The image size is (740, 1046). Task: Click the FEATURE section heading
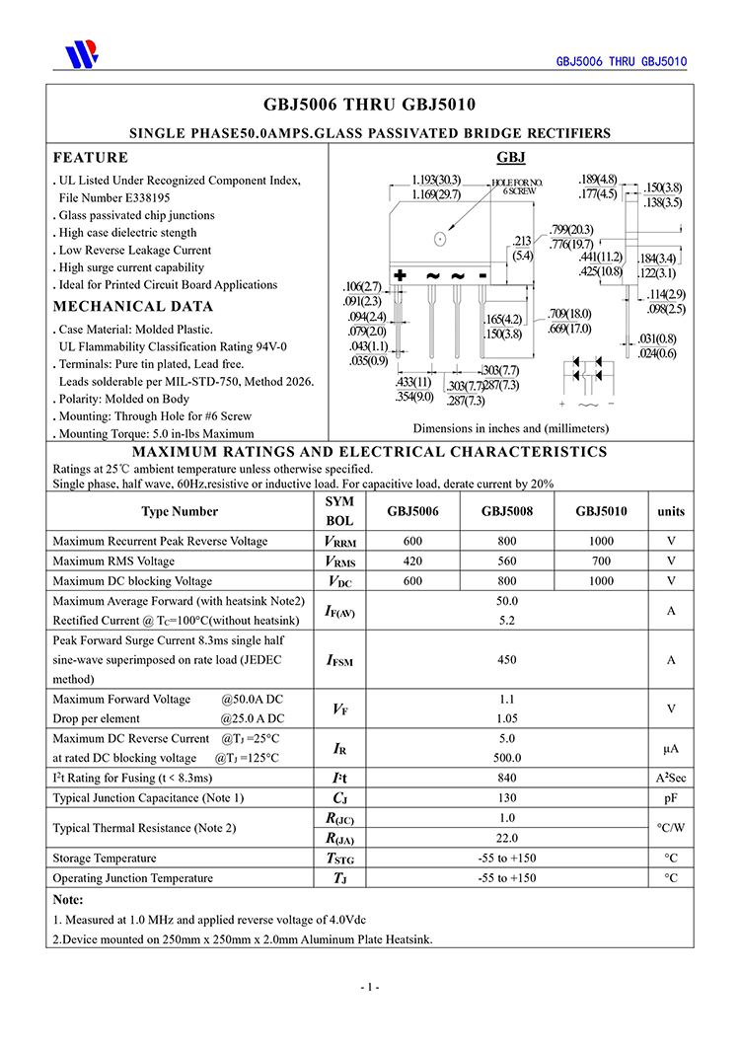tap(91, 158)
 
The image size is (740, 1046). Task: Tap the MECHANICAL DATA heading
tap(133, 307)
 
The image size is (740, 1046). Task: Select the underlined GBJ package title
tap(510, 158)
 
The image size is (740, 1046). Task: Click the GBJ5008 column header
tap(507, 511)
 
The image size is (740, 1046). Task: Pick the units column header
tap(671, 511)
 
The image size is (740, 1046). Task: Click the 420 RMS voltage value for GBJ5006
tap(412, 561)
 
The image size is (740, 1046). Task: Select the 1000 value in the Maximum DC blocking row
tap(601, 581)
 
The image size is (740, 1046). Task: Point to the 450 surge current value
tap(507, 660)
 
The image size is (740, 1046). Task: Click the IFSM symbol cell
tap(339, 660)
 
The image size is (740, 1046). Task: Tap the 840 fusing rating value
tap(507, 779)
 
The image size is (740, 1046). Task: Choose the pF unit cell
tap(671, 798)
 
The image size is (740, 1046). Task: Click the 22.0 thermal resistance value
tap(507, 838)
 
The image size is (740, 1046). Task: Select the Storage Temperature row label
tap(105, 859)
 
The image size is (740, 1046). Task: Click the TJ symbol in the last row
tap(339, 878)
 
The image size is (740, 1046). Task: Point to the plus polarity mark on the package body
tap(401, 275)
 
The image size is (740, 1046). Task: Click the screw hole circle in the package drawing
tap(440, 238)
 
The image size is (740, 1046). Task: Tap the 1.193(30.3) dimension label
tap(436, 181)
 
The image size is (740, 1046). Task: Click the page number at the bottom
tap(370, 987)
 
